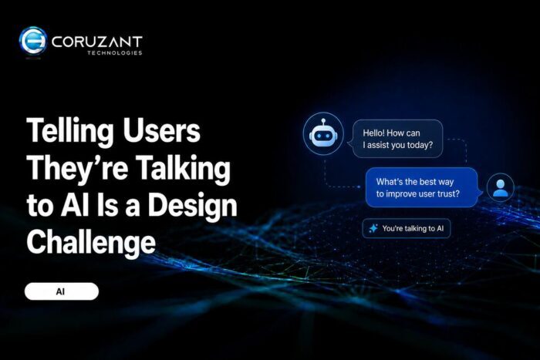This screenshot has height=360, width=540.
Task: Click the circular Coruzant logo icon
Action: point(33,41)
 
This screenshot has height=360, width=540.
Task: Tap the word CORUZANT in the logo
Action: point(96,42)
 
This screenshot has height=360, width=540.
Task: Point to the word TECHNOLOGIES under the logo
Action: point(115,52)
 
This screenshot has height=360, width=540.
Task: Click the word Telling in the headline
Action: point(70,132)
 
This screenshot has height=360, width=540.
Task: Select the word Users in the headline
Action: point(161,131)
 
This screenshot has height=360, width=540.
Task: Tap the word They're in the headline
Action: point(77,168)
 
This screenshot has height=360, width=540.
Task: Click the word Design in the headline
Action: point(193,207)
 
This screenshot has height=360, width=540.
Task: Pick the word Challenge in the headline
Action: point(91,243)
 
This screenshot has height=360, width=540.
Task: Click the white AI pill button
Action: point(62,291)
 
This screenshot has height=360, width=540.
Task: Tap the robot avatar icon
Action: point(323,134)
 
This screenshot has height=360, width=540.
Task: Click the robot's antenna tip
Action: point(323,121)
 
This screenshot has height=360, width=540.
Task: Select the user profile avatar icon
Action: point(501,188)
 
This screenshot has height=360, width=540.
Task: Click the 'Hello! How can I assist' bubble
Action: point(397,139)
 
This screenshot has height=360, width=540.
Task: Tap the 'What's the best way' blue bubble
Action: point(423,187)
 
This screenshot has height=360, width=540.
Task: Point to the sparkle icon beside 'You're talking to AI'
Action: point(373,228)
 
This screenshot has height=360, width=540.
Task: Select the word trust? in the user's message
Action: point(448,193)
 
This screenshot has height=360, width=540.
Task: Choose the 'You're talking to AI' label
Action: point(413,228)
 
